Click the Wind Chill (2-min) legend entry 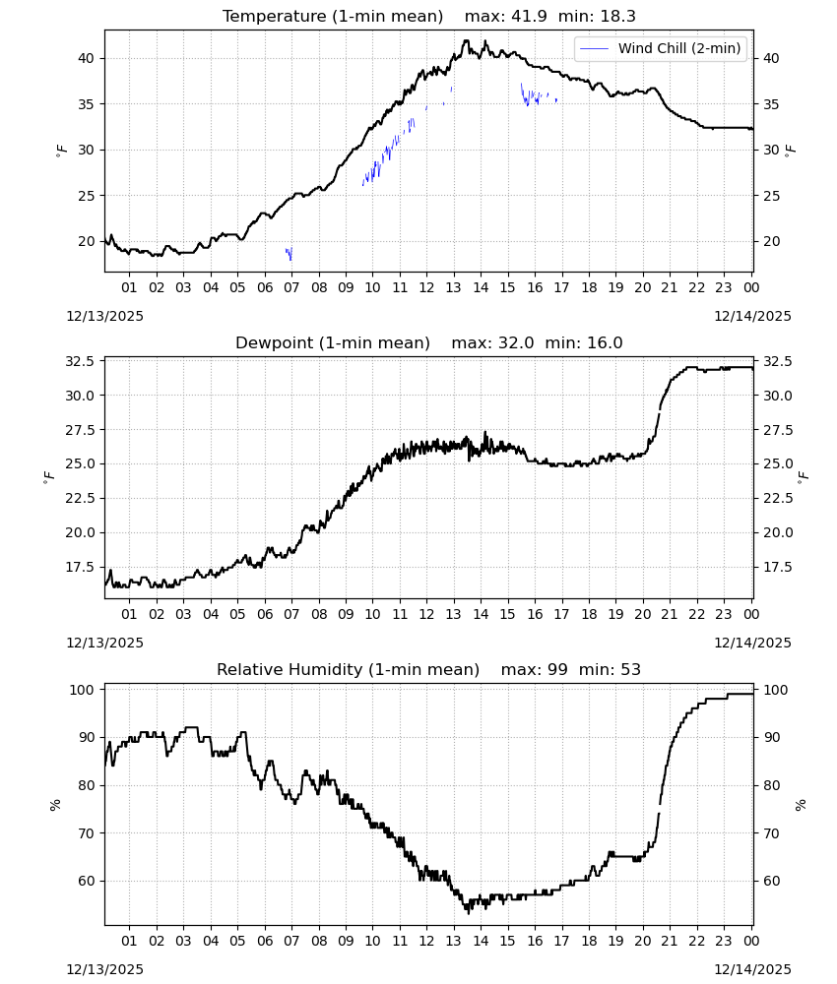pyautogui.click(x=661, y=48)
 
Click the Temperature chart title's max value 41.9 pyautogui.click(x=529, y=16)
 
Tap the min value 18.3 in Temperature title pyautogui.click(x=617, y=16)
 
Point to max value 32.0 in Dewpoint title pyautogui.click(x=516, y=342)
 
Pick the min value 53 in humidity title pyautogui.click(x=630, y=669)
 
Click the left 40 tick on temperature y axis pyautogui.click(x=86, y=58)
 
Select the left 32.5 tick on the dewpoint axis pyautogui.click(x=81, y=361)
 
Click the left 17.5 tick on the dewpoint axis pyautogui.click(x=81, y=567)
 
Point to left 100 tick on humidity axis pyautogui.click(x=83, y=690)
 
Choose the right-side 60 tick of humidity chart pyautogui.click(x=771, y=881)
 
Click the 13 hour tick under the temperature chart pyautogui.click(x=453, y=287)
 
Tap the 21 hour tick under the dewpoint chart pyautogui.click(x=670, y=614)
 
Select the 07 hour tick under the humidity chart pyautogui.click(x=291, y=941)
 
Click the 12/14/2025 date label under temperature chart pyautogui.click(x=752, y=316)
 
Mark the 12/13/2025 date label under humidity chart pyautogui.click(x=104, y=969)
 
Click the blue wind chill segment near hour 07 pyautogui.click(x=289, y=254)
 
